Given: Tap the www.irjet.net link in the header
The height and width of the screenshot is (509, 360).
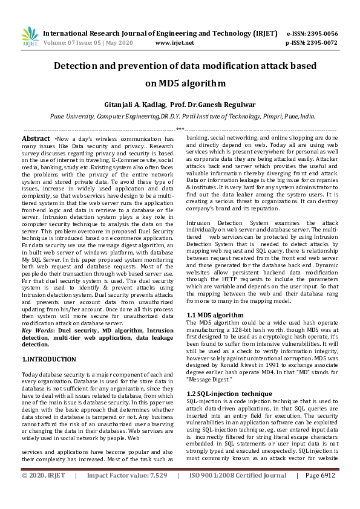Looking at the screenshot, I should pyautogui.click(x=174, y=43).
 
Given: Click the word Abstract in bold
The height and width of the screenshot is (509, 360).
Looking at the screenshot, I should pyautogui.click(x=36, y=138).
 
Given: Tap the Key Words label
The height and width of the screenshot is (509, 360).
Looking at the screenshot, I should pyautogui.click(x=38, y=331).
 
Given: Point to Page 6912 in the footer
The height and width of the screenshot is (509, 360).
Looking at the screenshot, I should pyautogui.click(x=320, y=493).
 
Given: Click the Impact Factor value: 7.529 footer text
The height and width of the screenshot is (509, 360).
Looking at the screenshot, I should pyautogui.click(x=126, y=493).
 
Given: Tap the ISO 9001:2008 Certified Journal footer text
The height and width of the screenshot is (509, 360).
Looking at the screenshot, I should pyautogui.click(x=238, y=493).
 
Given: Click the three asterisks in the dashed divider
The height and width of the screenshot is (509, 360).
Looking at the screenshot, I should pyautogui.click(x=180, y=129).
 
